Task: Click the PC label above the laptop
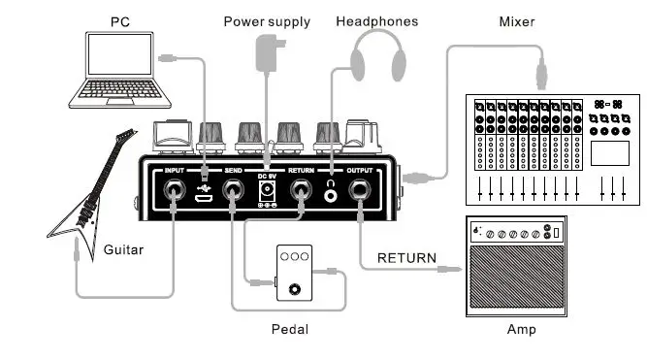click(120, 20)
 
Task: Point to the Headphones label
click(377, 20)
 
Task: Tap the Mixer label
click(517, 20)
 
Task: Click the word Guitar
click(123, 250)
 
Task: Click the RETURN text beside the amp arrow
click(406, 258)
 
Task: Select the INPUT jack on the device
click(175, 194)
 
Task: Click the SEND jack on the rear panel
click(233, 194)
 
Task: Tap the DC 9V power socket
click(267, 194)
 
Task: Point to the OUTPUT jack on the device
click(362, 194)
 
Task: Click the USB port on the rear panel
click(204, 197)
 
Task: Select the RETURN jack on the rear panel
click(303, 194)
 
